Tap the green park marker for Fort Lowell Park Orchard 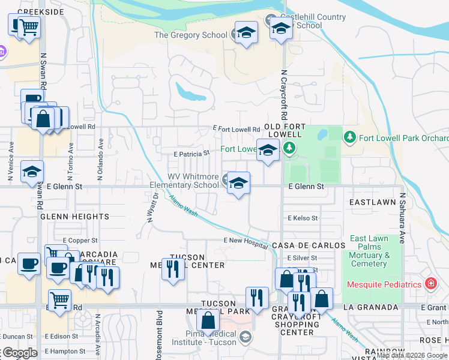tap(350, 138)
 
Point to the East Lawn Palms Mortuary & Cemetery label tap(369, 251)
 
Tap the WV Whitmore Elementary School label tap(193, 181)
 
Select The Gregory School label tap(190, 35)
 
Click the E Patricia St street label tap(191, 153)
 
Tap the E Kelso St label tap(303, 218)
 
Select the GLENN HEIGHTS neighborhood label tap(75, 217)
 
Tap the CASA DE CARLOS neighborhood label tap(309, 245)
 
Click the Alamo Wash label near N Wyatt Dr tap(182, 207)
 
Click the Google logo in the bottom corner tap(19, 353)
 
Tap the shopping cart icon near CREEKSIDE tap(28, 26)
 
